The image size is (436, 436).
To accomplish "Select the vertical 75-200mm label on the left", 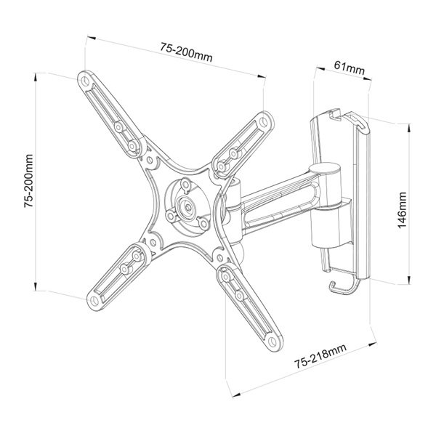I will click(27, 181).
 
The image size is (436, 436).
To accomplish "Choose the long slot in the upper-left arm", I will click(109, 108).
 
